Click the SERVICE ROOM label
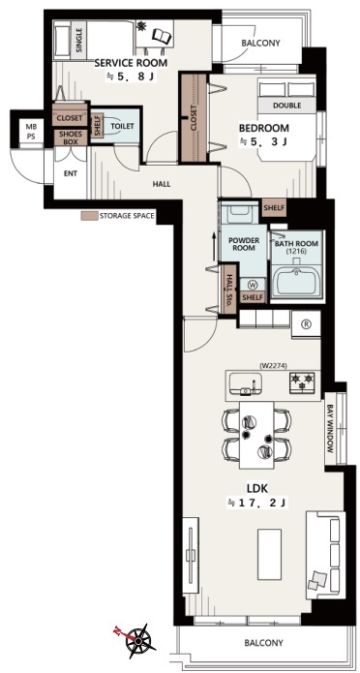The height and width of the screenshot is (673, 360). point(131,63)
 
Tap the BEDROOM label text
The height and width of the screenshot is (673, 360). point(264,128)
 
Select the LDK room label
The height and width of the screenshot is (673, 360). point(257,488)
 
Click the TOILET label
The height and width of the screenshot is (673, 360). point(122,126)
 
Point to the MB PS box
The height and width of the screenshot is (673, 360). point(30,130)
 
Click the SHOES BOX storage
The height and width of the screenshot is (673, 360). point(71,138)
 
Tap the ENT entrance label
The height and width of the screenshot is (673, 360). point(71,173)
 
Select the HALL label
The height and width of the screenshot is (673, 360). point(162,184)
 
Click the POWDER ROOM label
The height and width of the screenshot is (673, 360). point(244,244)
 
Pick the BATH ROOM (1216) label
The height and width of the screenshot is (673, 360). point(296,247)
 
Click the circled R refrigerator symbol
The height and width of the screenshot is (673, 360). point(307,324)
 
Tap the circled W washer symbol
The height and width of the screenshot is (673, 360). point(252,284)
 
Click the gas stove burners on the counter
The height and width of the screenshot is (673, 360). point(302,382)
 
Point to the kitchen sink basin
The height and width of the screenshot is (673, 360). point(246,382)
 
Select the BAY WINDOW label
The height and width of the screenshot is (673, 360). point(330,428)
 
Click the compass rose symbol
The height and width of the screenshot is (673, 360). point(137,641)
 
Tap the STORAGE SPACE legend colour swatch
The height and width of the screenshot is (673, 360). point(89,216)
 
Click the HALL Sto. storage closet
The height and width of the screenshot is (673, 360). point(228,290)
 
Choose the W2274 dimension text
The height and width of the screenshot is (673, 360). point(273,366)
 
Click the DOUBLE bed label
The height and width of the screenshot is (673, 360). point(287,106)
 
